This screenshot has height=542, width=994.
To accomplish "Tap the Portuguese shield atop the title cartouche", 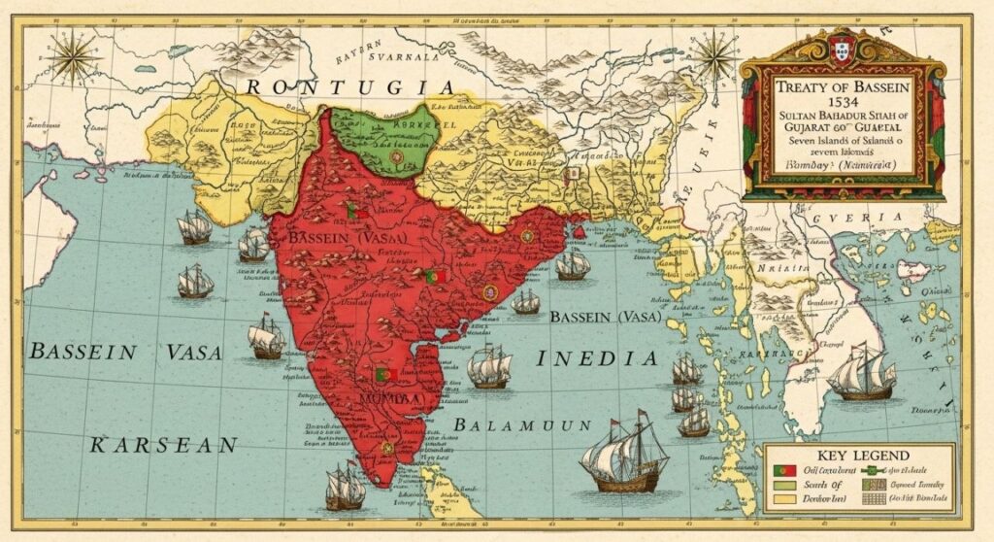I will [842, 45].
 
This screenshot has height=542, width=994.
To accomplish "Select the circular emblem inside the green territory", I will [395, 154].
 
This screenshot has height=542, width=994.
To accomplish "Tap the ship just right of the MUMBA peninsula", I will [489, 366].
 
